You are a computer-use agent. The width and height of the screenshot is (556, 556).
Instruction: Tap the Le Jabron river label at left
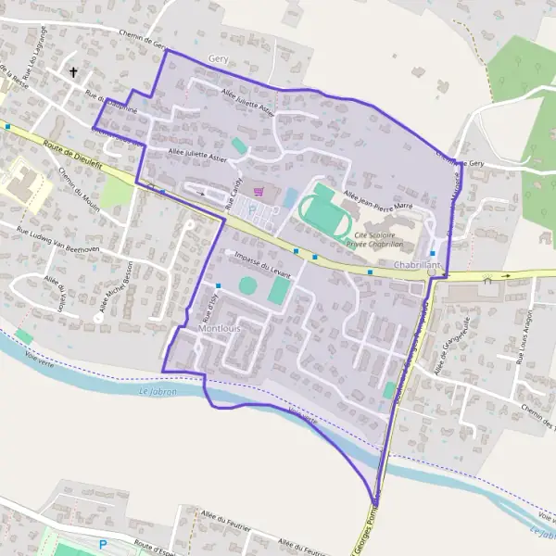pos(157,393)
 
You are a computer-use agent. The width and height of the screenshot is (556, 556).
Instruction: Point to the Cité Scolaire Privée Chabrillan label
pos(376,241)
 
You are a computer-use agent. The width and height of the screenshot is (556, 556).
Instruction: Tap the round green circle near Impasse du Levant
pos(248,285)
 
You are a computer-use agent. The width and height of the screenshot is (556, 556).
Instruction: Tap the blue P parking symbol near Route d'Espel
pos(103,545)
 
